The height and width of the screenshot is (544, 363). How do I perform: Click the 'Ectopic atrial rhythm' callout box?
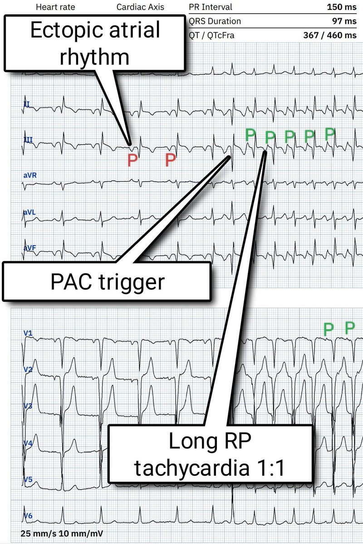pyautogui.click(x=95, y=44)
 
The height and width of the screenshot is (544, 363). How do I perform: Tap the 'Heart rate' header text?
pyautogui.click(x=55, y=7)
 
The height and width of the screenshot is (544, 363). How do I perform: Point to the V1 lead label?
pyautogui.click(x=28, y=334)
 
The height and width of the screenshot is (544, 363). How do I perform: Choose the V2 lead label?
pyautogui.click(x=28, y=370)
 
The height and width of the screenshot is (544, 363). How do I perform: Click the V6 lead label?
pyautogui.click(x=28, y=516)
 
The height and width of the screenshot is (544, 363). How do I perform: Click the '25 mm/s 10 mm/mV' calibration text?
pyautogui.click(x=62, y=533)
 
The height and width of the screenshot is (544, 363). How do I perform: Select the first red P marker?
pyautogui.click(x=132, y=160)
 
